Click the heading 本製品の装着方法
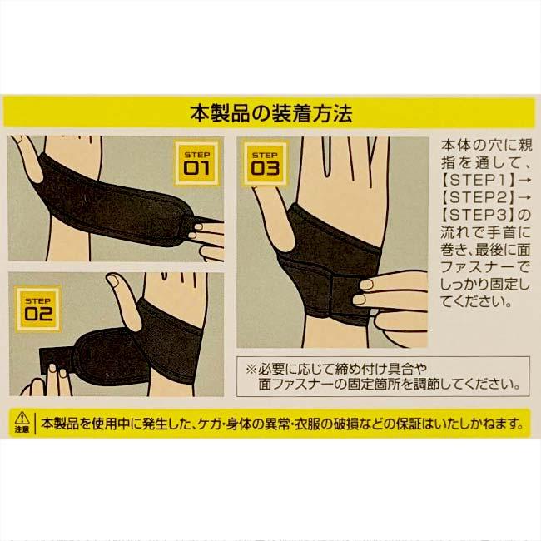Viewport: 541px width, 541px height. coord(270,112)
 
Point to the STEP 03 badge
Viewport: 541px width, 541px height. coord(264,162)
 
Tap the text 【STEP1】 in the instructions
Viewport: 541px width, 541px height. coord(480,181)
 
